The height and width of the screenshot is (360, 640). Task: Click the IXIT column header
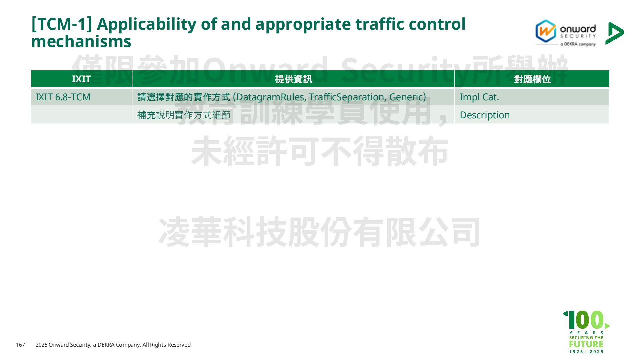(x=81, y=79)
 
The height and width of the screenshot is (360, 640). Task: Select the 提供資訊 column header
(x=293, y=79)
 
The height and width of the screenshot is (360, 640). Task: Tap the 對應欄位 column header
(x=532, y=79)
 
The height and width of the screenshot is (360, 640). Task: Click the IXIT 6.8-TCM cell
(x=63, y=97)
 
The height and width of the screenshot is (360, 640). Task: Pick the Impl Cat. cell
(x=479, y=97)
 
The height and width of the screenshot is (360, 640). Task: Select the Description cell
(x=485, y=115)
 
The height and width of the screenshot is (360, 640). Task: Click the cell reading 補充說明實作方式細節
(x=184, y=115)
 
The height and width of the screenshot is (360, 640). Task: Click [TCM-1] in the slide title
(x=61, y=24)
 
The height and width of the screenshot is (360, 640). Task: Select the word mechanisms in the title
(x=81, y=42)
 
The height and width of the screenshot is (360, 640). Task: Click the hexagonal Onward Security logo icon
(x=546, y=31)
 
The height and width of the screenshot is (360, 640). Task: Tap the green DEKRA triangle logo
(x=614, y=33)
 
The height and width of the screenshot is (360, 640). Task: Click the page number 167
(x=21, y=345)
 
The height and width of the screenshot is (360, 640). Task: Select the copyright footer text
(x=113, y=345)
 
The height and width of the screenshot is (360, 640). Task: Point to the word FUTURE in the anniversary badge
(x=586, y=344)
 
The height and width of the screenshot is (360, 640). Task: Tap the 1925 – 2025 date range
(x=586, y=352)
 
